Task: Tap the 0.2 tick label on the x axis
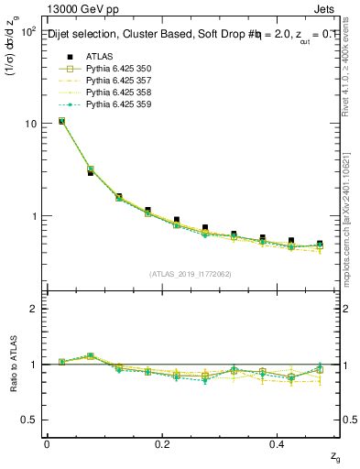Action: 163,443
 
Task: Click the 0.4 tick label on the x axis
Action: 278,443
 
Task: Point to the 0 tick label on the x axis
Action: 47,443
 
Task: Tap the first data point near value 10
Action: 61,121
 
